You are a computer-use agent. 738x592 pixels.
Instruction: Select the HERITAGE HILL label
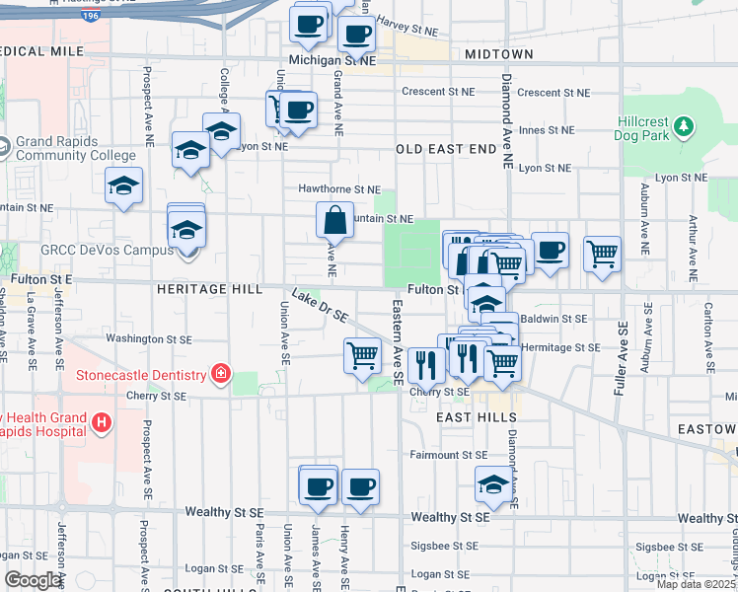(x=207, y=289)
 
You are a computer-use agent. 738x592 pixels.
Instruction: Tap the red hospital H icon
(x=100, y=423)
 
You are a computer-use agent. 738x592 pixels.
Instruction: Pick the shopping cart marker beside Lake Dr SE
(x=363, y=355)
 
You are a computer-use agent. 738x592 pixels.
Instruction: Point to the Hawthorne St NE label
(x=339, y=189)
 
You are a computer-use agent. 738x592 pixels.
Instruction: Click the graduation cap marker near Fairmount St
(x=493, y=484)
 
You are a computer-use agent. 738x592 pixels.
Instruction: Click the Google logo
(x=33, y=580)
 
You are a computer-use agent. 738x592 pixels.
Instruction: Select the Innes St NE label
(x=547, y=130)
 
